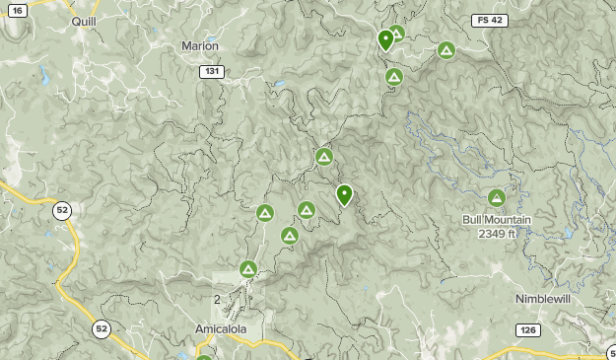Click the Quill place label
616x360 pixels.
(x=83, y=19)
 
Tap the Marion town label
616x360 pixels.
(x=200, y=45)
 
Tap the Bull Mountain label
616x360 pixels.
(x=497, y=219)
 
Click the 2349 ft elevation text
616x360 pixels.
(x=497, y=233)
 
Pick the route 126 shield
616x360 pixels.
(x=526, y=330)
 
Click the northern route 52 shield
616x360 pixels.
(x=63, y=210)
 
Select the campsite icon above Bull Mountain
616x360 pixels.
(x=497, y=197)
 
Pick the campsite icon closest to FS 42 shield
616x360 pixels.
(x=446, y=49)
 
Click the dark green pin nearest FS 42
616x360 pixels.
(x=385, y=39)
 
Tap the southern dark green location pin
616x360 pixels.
(x=344, y=194)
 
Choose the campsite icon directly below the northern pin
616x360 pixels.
(x=394, y=76)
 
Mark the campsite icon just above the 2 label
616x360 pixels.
(x=248, y=268)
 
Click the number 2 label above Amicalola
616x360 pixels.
(x=217, y=299)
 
